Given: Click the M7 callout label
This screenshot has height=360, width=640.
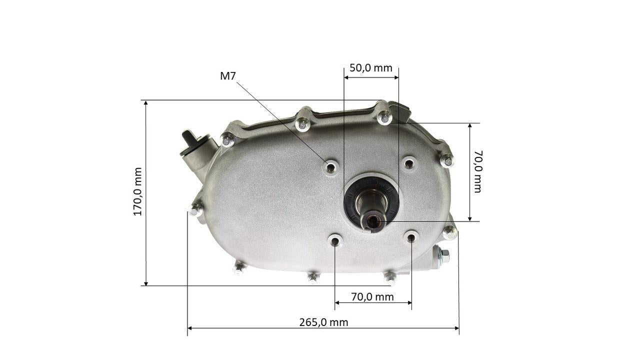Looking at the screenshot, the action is click(x=228, y=76).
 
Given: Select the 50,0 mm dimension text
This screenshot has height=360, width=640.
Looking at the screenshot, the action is click(x=371, y=68).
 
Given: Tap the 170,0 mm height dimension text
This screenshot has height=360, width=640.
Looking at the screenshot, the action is click(x=137, y=191).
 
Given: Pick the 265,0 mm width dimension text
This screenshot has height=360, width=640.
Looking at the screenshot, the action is click(x=323, y=322).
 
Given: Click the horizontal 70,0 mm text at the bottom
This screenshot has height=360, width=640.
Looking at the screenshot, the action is click(x=372, y=297).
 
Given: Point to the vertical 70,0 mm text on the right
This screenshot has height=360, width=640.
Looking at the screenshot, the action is click(x=477, y=171).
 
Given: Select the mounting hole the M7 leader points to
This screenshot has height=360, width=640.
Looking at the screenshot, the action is click(x=331, y=166).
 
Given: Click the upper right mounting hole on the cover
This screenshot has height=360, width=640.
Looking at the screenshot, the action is click(x=409, y=163).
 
